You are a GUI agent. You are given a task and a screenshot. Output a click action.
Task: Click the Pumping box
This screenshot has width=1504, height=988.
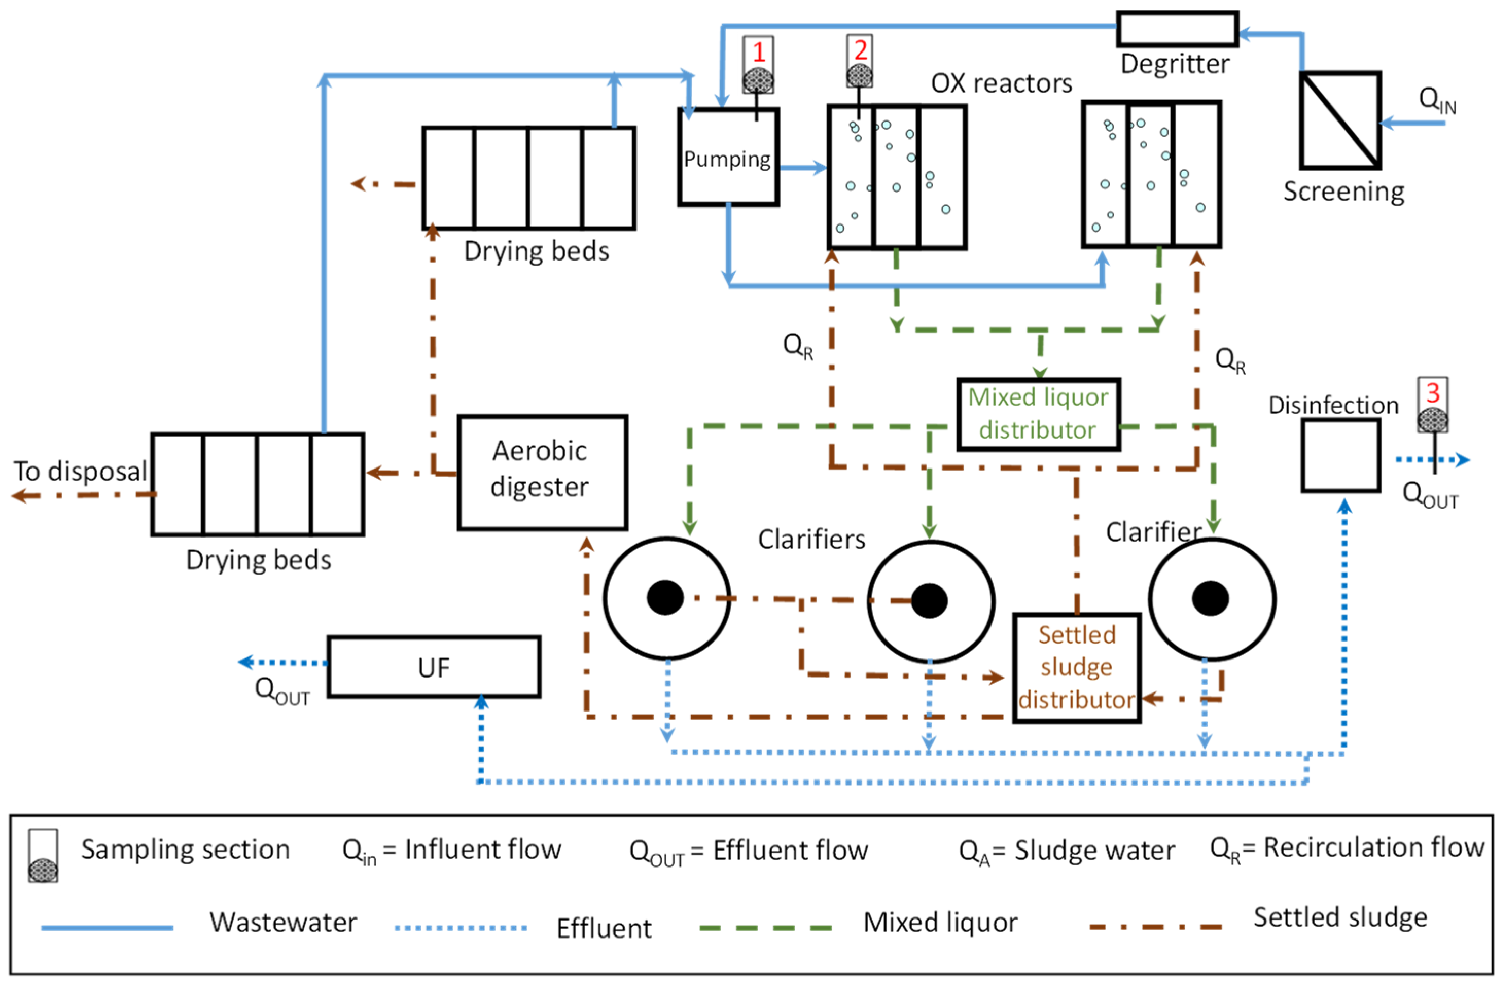click(728, 158)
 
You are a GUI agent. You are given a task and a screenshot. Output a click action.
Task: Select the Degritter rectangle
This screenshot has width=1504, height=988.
click(1177, 29)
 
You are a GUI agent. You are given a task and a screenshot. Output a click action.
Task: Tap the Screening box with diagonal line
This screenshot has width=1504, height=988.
click(1340, 120)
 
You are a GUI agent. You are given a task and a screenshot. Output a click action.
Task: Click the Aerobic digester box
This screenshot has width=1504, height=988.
click(542, 472)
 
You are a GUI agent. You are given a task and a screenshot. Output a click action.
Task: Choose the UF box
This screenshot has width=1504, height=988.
click(434, 667)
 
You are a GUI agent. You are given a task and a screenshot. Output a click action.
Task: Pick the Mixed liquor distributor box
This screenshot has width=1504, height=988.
click(1038, 414)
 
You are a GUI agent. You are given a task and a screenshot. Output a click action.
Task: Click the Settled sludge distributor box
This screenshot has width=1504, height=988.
click(1077, 668)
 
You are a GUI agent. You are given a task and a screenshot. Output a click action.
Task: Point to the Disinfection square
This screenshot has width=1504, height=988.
click(1340, 455)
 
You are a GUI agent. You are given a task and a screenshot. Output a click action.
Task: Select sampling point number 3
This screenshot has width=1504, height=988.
click(1432, 405)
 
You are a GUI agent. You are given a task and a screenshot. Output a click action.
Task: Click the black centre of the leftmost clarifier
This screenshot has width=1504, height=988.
click(665, 597)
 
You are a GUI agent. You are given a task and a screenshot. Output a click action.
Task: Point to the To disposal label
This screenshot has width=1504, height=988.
click(80, 472)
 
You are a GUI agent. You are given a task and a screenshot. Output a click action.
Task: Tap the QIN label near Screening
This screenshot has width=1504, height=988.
click(1437, 100)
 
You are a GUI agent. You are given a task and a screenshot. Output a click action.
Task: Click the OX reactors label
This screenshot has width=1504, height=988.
click(1002, 83)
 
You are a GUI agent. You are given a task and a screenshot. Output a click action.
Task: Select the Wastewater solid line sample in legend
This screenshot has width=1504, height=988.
click(108, 928)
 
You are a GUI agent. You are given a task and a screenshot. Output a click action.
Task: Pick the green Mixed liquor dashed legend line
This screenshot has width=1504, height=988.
click(766, 928)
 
